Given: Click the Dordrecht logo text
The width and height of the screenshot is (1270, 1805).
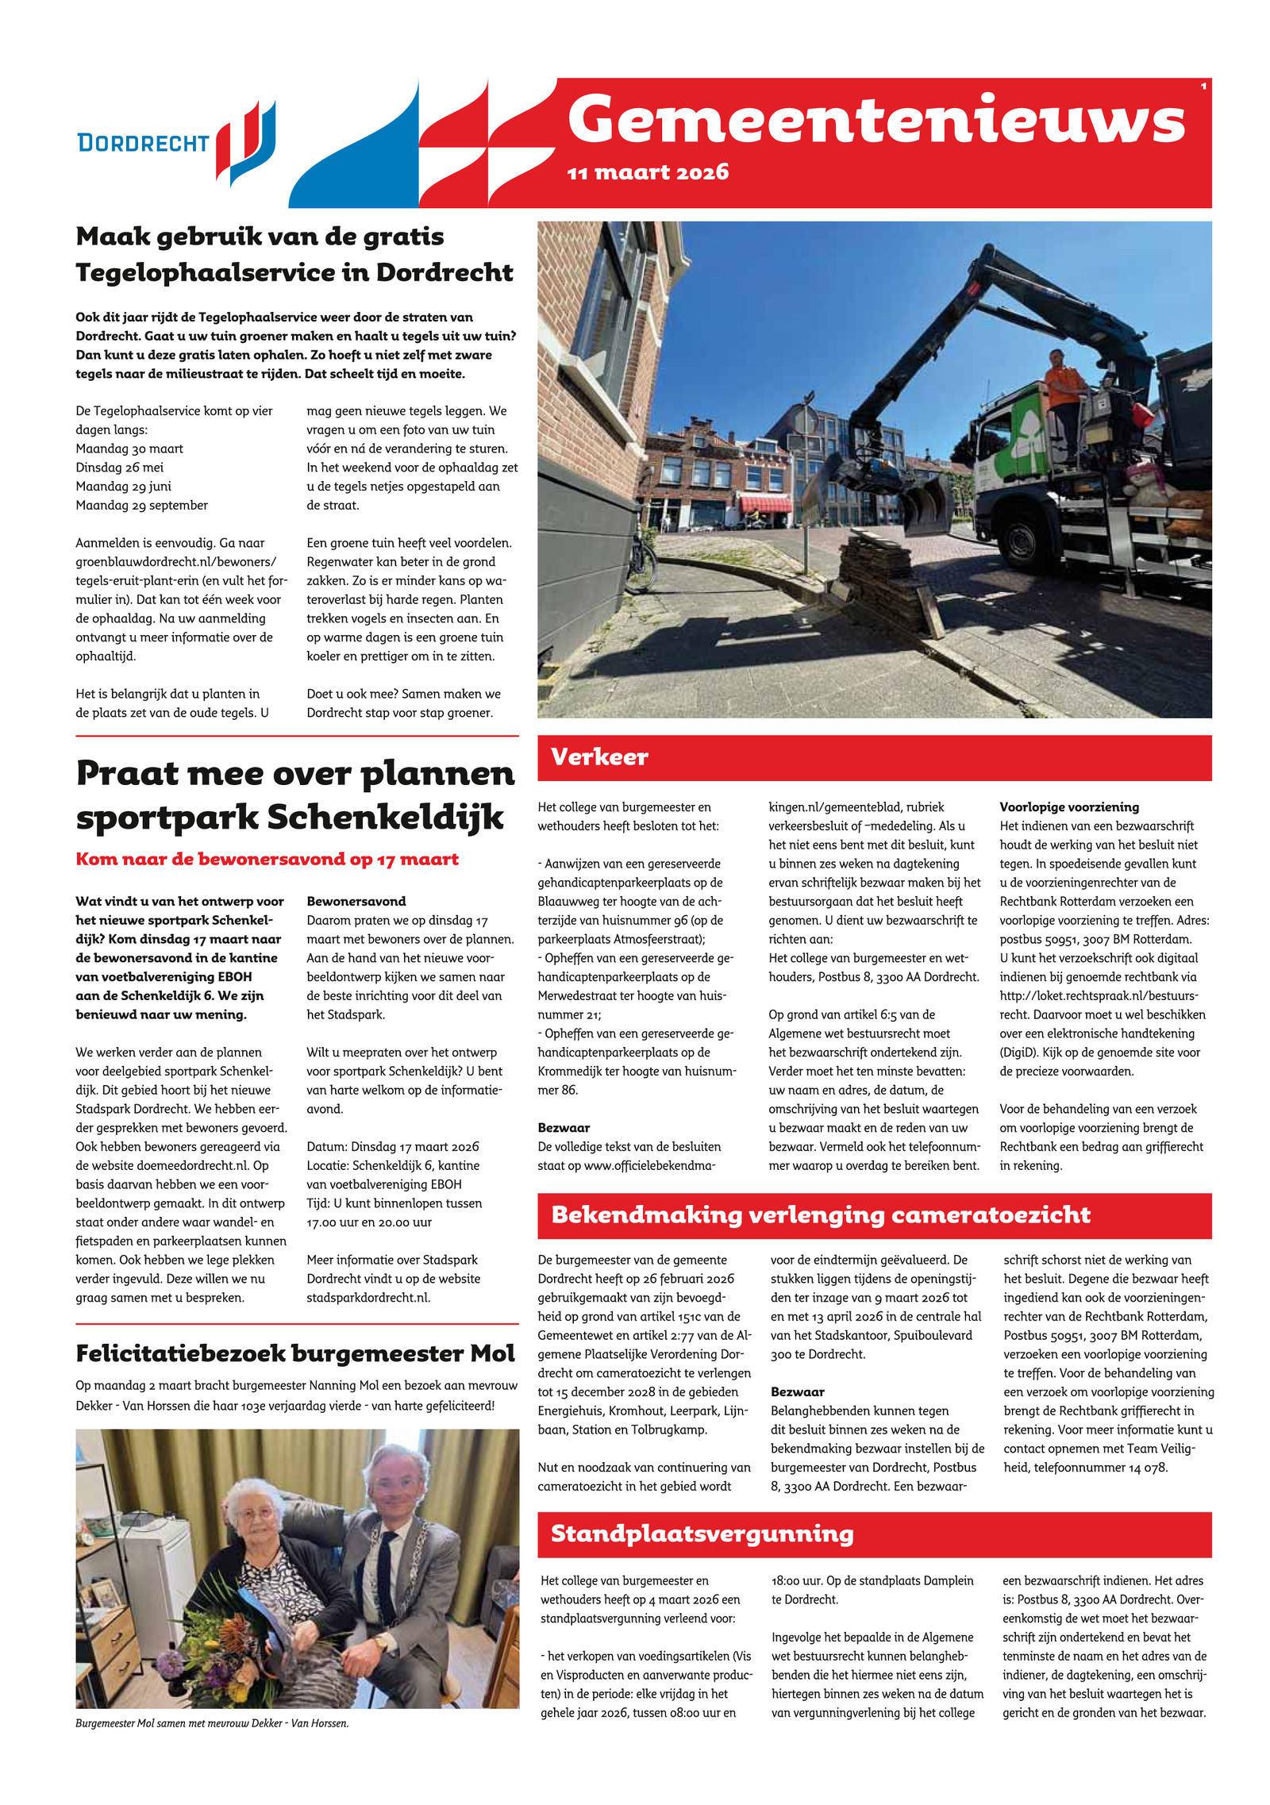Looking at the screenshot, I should (x=143, y=143).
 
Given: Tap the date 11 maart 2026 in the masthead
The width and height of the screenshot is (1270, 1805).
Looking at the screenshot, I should (x=648, y=172).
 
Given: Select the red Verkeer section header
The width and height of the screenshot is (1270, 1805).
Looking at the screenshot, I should (x=599, y=757).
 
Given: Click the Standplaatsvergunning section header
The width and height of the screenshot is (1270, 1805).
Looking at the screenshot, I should (x=702, y=1534).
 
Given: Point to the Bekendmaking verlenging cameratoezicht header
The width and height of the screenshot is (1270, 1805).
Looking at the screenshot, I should (x=820, y=1215).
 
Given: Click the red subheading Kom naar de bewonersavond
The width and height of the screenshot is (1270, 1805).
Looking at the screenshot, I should (x=267, y=859).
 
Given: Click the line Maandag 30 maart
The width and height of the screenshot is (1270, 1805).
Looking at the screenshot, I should (x=129, y=448).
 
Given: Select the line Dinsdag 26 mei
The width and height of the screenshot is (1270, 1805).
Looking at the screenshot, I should (x=120, y=468).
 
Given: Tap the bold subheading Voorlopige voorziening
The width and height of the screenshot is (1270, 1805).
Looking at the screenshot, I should (x=1068, y=807).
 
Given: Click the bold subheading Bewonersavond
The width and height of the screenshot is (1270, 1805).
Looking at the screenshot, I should (x=356, y=902).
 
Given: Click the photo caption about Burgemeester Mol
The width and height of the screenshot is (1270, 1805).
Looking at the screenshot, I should (x=212, y=1723).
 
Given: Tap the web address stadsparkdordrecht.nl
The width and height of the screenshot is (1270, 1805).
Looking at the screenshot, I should (x=368, y=1298).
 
